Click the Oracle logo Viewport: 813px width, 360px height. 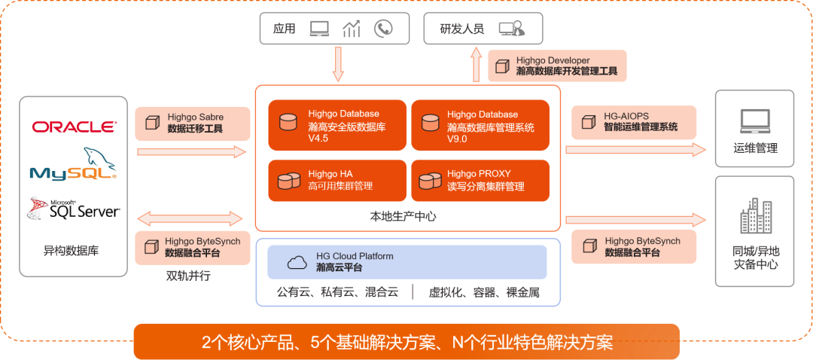[74, 127]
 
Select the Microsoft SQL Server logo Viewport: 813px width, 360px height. [74, 208]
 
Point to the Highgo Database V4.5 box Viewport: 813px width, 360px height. [336, 125]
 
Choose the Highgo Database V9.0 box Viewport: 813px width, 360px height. [480, 125]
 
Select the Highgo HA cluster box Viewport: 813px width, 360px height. [336, 180]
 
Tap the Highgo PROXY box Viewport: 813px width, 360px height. [480, 180]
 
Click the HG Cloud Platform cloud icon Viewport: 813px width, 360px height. [298, 262]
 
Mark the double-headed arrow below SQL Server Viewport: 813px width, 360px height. [191, 219]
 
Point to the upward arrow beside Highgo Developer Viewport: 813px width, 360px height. [476, 66]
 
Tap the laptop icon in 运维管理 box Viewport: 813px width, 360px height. [754, 119]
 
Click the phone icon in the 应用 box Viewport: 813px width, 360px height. [383, 29]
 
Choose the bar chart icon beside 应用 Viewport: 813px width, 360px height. [352, 29]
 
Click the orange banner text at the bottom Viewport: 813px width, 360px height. [406, 343]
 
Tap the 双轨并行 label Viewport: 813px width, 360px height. [188, 276]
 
